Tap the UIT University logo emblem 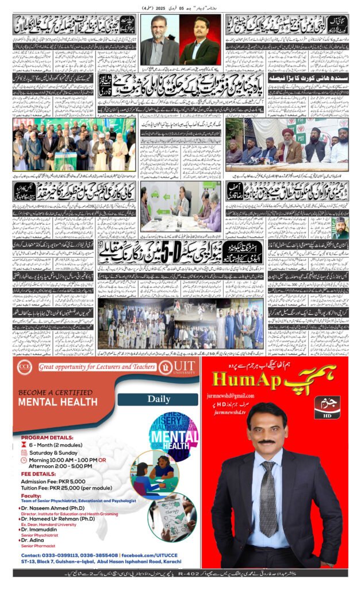pos(164,367)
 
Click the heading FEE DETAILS pos(37,475)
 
